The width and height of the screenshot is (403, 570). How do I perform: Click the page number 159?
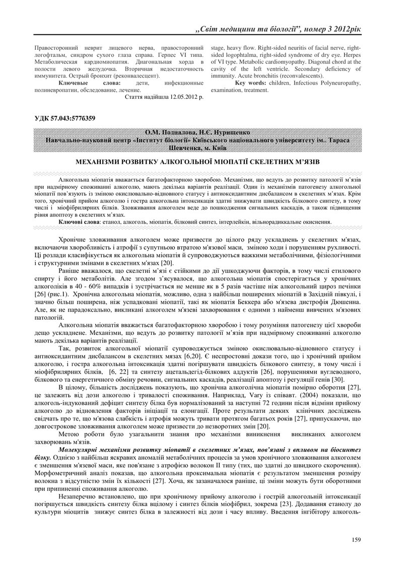357,540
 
